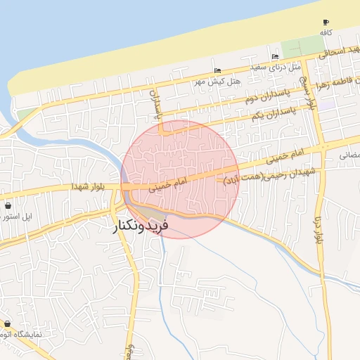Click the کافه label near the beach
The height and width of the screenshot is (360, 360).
pyautogui.click(x=326, y=33)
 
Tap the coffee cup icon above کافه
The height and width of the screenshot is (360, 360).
pyautogui.click(x=326, y=22)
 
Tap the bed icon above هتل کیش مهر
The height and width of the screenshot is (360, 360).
pyautogui.click(x=217, y=70)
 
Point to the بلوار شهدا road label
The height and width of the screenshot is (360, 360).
pyautogui.click(x=87, y=186)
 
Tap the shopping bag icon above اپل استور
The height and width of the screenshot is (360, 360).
pyautogui.click(x=8, y=207)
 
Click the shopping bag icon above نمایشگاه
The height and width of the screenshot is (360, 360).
pyautogui.click(x=8, y=324)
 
